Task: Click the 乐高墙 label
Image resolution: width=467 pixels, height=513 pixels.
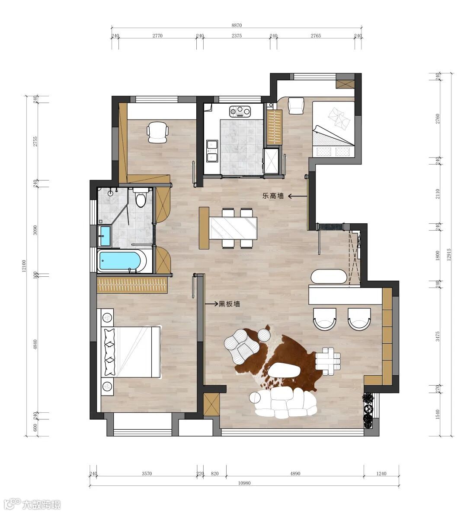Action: tap(273, 196)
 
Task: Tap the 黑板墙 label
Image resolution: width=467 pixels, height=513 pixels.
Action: tap(230, 304)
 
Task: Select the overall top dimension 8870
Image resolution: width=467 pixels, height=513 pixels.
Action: tap(237, 25)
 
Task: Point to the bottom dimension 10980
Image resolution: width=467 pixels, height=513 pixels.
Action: tap(245, 483)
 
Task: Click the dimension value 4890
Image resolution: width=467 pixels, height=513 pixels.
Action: tap(295, 473)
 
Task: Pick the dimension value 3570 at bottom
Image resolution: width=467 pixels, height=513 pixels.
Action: tap(147, 473)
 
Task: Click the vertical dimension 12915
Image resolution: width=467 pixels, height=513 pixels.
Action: tap(449, 254)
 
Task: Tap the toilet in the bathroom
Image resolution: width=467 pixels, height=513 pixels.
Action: tap(141, 197)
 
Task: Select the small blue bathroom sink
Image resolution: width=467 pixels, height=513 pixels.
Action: tap(105, 235)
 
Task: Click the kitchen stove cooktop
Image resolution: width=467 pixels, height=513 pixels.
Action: tap(240, 111)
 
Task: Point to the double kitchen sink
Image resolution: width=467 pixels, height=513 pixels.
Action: tap(212, 151)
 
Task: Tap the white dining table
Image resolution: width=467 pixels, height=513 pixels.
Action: tap(233, 228)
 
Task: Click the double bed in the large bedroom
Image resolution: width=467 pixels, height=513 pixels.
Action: tap(131, 351)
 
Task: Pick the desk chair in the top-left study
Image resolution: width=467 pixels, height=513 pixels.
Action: tap(158, 132)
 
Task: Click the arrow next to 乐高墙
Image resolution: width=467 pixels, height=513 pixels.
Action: tap(297, 196)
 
